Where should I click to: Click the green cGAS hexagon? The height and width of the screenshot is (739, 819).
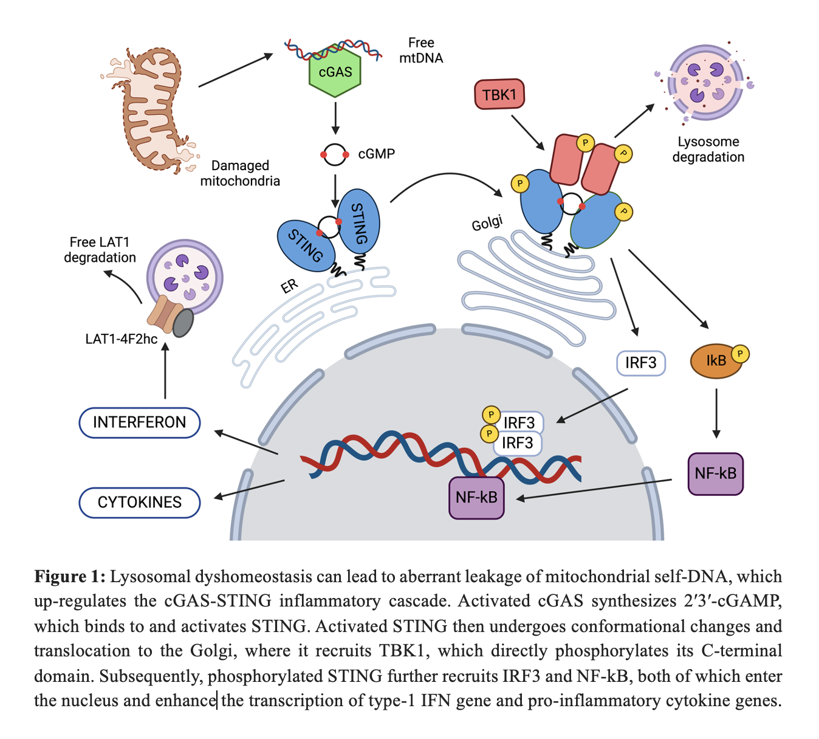(x=335, y=72)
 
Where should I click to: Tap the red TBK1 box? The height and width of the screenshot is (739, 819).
(x=499, y=94)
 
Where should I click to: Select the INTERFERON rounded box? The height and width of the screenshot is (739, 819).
(x=140, y=422)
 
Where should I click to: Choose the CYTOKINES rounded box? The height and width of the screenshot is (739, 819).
(x=140, y=502)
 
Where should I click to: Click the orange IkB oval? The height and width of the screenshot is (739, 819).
(x=716, y=361)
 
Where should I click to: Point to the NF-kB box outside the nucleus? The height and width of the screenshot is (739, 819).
(x=715, y=473)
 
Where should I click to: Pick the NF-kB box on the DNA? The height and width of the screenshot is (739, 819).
(x=476, y=497)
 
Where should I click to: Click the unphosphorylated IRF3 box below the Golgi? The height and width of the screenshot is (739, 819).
(x=640, y=363)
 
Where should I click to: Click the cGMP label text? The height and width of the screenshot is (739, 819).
(x=376, y=154)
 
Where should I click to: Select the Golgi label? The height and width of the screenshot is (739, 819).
(x=487, y=224)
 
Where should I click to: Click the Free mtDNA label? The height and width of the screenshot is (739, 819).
(x=421, y=50)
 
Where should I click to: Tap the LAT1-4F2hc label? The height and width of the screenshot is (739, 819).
(x=122, y=339)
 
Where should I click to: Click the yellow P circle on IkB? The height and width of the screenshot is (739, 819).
(x=739, y=354)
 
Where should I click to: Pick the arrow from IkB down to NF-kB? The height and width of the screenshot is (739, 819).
(x=716, y=413)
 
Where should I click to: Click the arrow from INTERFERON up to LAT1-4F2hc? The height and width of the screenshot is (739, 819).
(x=165, y=371)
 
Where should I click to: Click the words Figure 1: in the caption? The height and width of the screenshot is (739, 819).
(x=70, y=576)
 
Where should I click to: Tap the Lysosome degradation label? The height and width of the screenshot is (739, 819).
(x=708, y=150)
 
